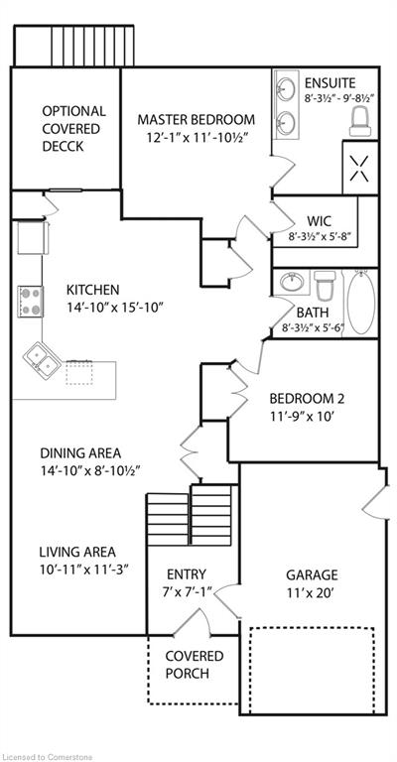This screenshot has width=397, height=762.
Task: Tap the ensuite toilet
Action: (360, 120)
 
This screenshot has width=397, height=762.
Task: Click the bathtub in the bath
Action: (359, 303)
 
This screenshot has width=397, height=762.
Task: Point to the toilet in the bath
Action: (325, 288)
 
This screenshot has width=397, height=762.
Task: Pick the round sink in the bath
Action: (291, 283)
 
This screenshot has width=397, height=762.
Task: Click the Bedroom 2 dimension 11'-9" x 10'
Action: (307, 418)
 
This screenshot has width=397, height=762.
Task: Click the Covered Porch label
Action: (194, 665)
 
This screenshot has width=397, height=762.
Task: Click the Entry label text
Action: (187, 573)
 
